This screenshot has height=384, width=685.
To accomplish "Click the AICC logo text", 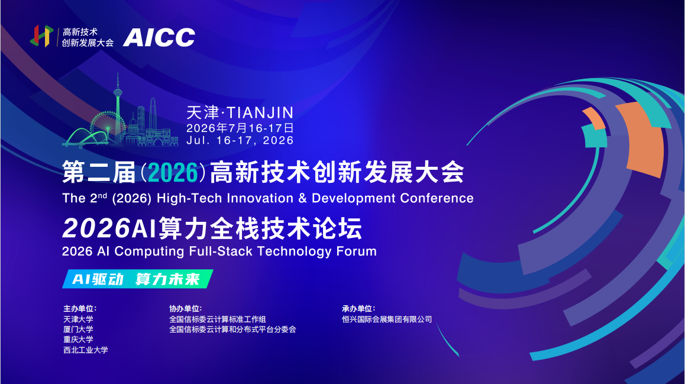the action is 159,37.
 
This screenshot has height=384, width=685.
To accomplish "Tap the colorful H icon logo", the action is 41,36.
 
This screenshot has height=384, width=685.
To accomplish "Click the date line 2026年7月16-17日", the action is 240,128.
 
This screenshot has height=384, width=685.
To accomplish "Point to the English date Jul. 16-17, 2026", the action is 240,140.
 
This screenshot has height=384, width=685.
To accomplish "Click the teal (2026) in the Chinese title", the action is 173,173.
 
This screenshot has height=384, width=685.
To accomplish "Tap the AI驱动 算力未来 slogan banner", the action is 138,279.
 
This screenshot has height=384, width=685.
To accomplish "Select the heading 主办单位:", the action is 80,308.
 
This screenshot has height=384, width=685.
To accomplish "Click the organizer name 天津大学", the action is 78,320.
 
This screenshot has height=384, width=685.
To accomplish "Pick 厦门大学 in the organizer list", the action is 78,330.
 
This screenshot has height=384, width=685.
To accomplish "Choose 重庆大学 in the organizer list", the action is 78,340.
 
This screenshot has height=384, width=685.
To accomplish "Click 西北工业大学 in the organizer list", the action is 86,350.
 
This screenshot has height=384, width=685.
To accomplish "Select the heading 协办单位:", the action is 186,308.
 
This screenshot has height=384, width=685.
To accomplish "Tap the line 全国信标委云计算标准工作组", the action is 218,320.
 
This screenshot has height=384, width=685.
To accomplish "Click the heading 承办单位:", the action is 358,308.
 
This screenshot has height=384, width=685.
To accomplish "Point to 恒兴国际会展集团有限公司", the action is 387,320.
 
